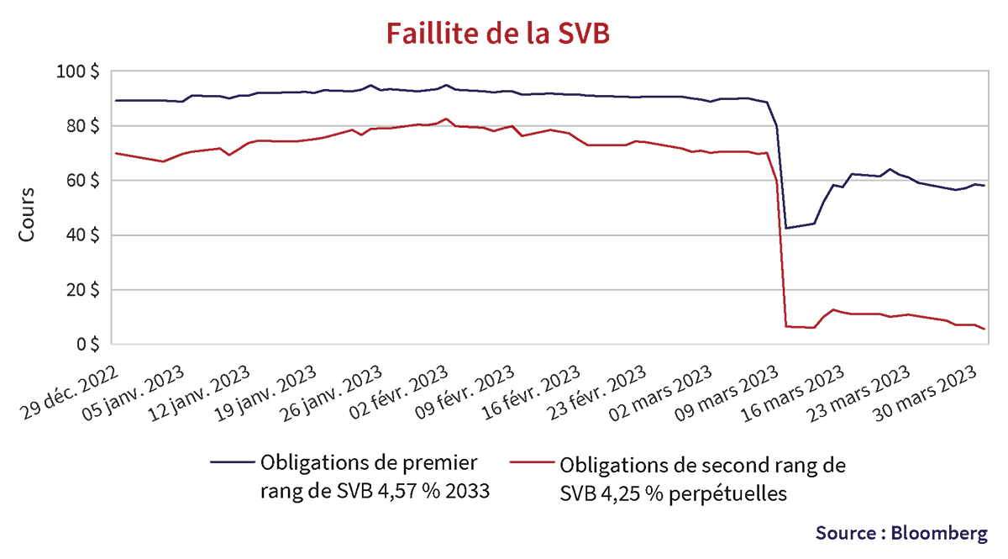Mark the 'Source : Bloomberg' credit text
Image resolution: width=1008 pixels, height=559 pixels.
pos(900,533)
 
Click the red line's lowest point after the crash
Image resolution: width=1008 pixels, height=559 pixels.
pos(984,329)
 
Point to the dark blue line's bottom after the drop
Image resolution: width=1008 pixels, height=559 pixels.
pos(786,228)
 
